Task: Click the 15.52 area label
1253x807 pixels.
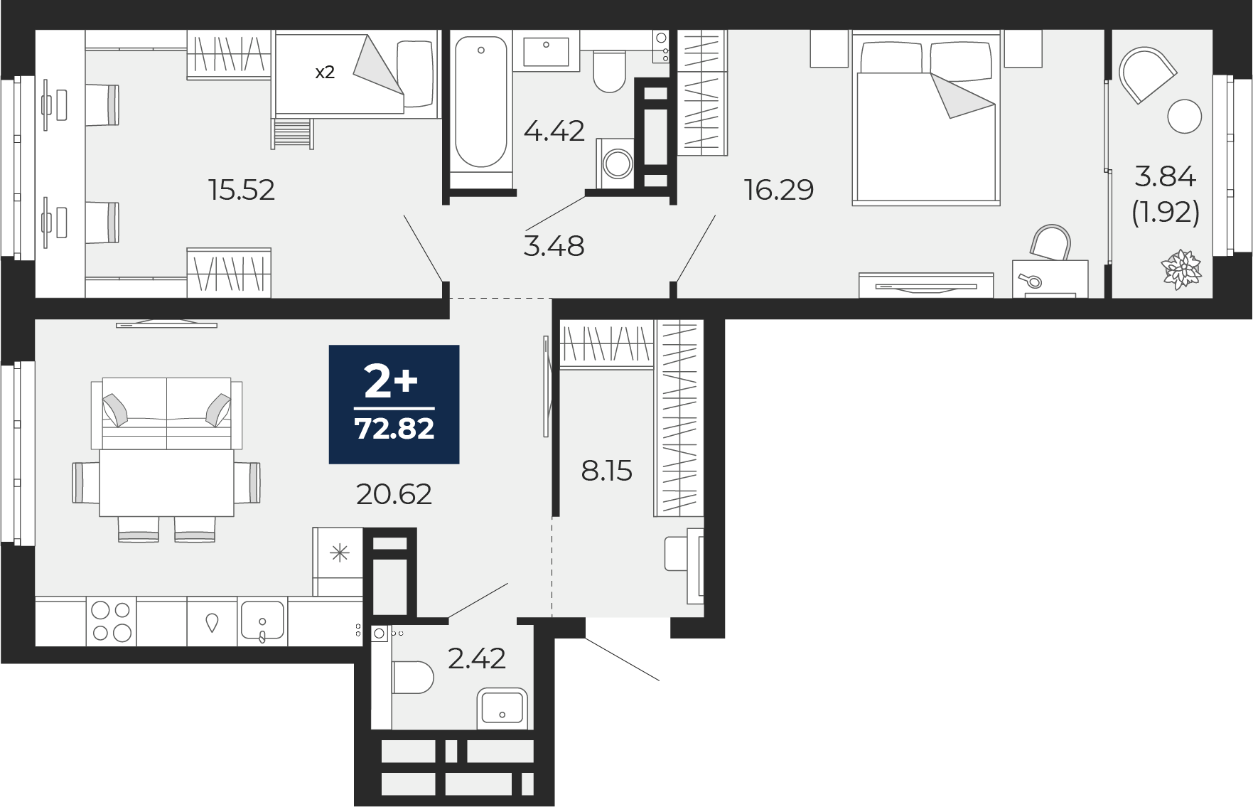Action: [242, 190]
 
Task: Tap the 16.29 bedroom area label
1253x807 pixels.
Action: [779, 190]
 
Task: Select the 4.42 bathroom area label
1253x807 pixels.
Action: [554, 131]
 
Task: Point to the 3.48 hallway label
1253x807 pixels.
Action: [554, 246]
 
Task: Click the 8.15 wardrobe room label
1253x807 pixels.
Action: [607, 471]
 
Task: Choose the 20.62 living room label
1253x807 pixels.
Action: [394, 493]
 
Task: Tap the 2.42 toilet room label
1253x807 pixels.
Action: [477, 658]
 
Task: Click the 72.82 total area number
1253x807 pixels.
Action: [394, 429]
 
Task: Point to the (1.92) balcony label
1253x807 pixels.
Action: [1166, 212]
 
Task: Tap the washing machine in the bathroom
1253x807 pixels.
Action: [616, 164]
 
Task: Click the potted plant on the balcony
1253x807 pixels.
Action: [1181, 269]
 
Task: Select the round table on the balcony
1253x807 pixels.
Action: [1184, 116]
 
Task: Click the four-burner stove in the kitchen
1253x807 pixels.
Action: [111, 621]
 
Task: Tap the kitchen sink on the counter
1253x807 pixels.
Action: [262, 621]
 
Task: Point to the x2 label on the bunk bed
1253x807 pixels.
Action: [325, 73]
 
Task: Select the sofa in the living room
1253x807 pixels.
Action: [167, 413]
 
